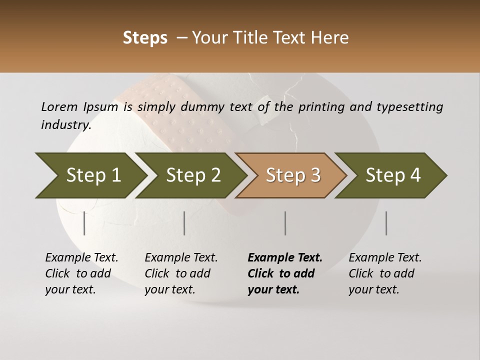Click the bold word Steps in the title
coord(145,38)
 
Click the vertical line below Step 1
coord(84,223)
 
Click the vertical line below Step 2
coord(184,223)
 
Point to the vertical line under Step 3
coord(285,223)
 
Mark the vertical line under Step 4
coord(386,223)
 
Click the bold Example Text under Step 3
coord(285,257)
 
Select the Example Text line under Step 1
coord(81,257)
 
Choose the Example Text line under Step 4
coord(385,257)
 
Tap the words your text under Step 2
coord(169,289)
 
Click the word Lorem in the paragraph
coord(59,106)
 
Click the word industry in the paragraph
coord(65,125)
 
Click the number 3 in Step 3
coord(315,175)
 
